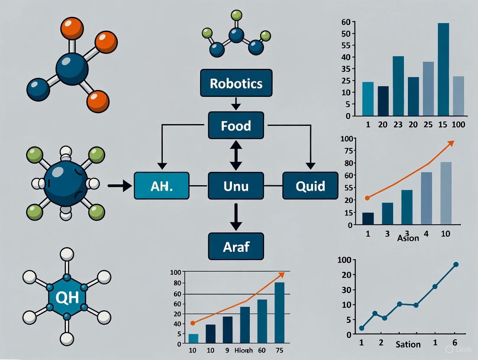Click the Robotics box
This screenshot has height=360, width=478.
coord(236,83)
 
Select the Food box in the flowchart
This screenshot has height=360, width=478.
coord(236,125)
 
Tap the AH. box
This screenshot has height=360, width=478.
coord(161,186)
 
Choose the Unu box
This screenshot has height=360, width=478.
coord(236,186)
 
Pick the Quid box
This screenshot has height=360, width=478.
coord(310,186)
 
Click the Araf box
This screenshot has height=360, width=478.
coord(236,246)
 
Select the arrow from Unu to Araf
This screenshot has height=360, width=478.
coord(236,216)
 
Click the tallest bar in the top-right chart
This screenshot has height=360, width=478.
coord(443,69)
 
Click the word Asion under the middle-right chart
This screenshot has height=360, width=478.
coord(408,238)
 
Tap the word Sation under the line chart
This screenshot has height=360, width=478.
coord(408,344)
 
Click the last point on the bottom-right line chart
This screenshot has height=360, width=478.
coord(455,264)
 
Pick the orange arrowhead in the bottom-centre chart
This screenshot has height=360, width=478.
coord(281,274)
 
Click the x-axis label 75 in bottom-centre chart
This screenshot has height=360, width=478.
coord(280,350)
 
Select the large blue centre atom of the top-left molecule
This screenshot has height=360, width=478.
coord(72,69)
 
